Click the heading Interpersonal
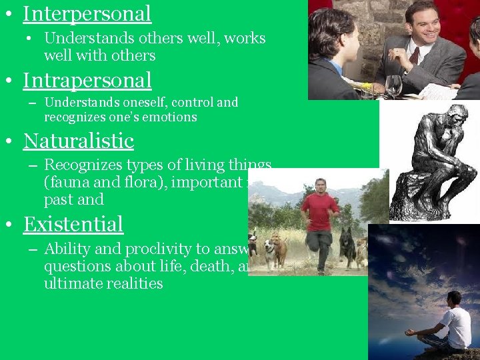click(87, 13)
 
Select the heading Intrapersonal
click(87, 80)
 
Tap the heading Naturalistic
click(78, 141)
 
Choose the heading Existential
click(73, 224)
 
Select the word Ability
click(66, 249)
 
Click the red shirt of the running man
click(320, 211)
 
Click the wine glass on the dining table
click(393, 85)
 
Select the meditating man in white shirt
click(450, 323)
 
